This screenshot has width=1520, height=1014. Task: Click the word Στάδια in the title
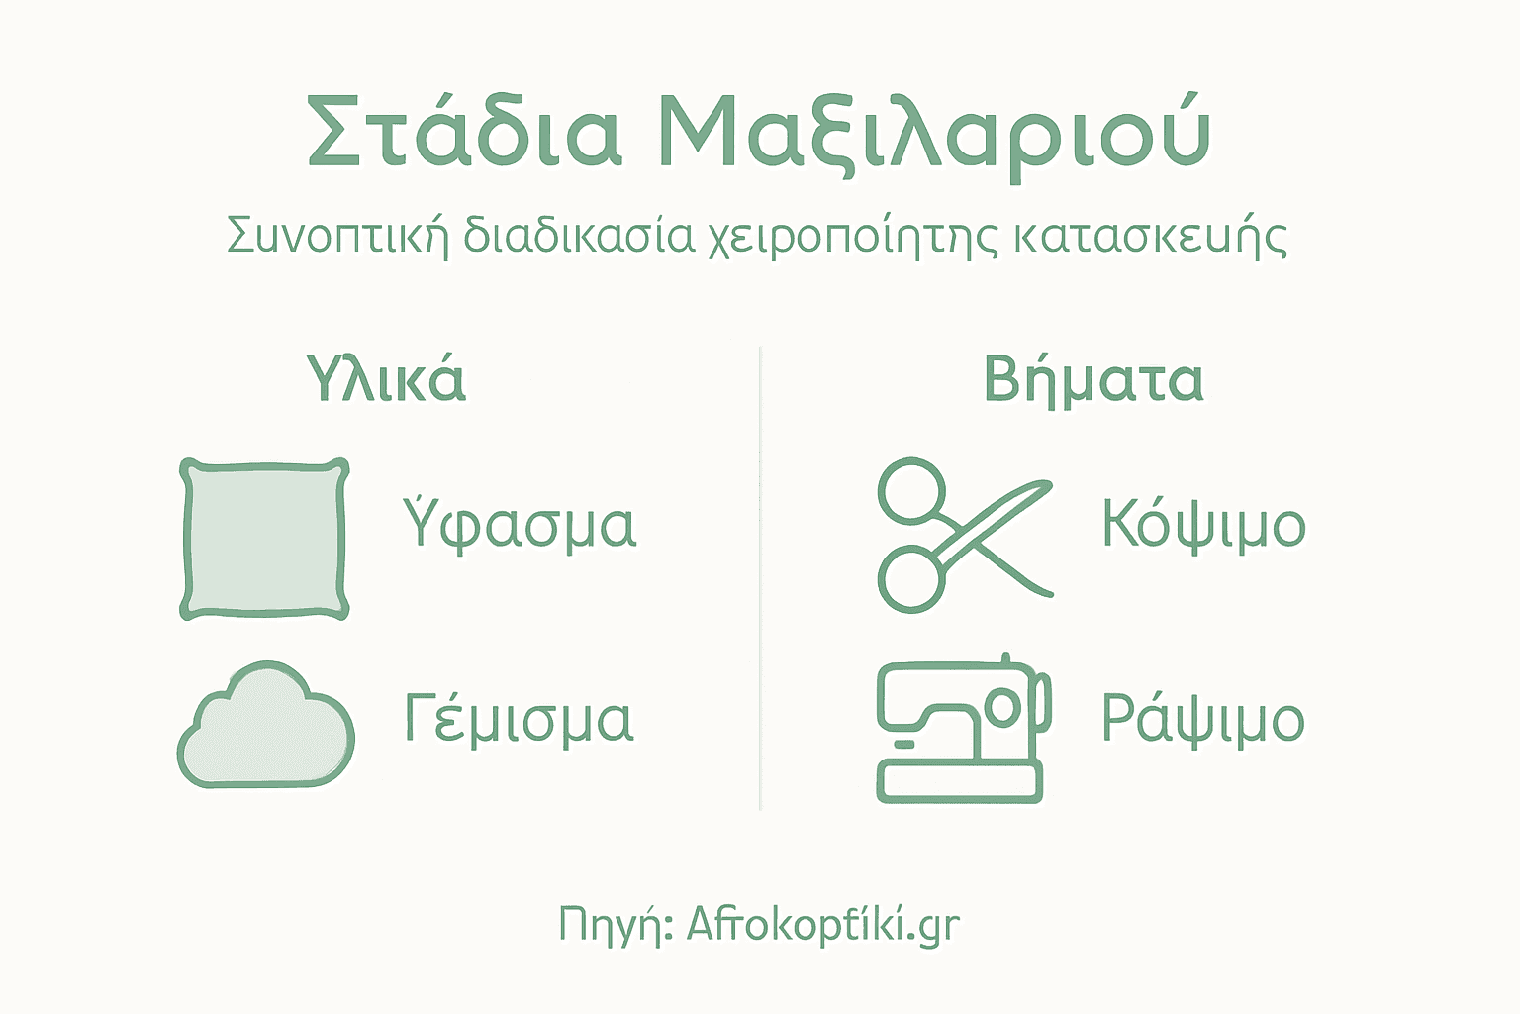tap(463, 132)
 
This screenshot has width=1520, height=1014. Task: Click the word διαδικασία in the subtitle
tap(578, 236)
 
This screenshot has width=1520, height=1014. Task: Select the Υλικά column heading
tap(386, 379)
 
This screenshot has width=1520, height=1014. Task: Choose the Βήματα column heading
tap(1092, 380)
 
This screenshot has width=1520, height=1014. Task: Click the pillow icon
tap(264, 539)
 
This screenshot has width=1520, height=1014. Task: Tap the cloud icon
tap(265, 729)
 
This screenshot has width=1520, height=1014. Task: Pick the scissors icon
tap(960, 535)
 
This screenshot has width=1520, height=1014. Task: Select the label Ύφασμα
tap(520, 524)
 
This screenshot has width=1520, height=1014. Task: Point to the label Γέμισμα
tap(519, 719)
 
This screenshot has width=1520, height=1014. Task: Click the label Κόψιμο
tap(1203, 524)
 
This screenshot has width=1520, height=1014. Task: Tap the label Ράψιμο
tap(1202, 719)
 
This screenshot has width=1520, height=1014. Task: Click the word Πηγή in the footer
tap(616, 925)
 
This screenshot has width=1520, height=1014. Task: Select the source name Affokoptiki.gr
tap(822, 925)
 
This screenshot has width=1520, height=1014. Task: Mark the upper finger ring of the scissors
tap(912, 489)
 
